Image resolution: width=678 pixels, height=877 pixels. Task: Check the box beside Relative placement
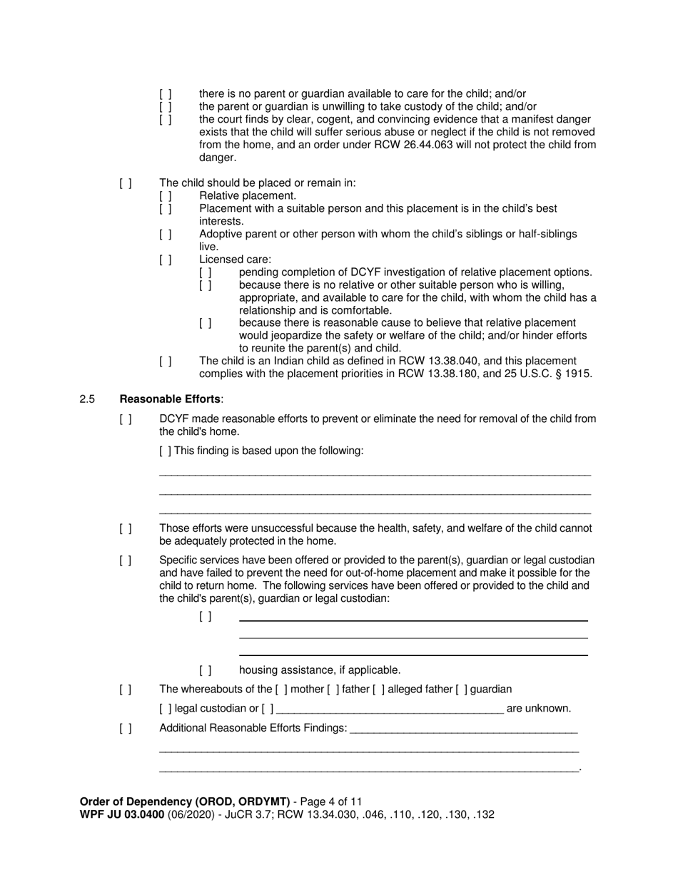point(166,195)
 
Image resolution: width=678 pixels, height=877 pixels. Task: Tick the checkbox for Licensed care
point(166,260)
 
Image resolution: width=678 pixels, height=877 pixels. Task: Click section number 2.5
point(88,399)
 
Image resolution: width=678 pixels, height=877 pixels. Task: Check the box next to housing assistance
point(206,670)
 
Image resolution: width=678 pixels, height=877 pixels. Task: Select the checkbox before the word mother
point(281,689)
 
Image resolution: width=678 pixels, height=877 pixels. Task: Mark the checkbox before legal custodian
point(166,709)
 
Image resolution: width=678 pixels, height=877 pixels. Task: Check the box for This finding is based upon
point(166,451)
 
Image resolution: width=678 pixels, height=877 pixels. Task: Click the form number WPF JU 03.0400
point(122,814)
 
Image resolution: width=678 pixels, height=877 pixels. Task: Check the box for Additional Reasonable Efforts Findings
point(126,728)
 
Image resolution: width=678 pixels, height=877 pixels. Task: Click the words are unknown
point(538,709)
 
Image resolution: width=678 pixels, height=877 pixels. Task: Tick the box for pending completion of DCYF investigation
point(206,272)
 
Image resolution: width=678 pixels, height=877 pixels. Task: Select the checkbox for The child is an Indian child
point(166,361)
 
